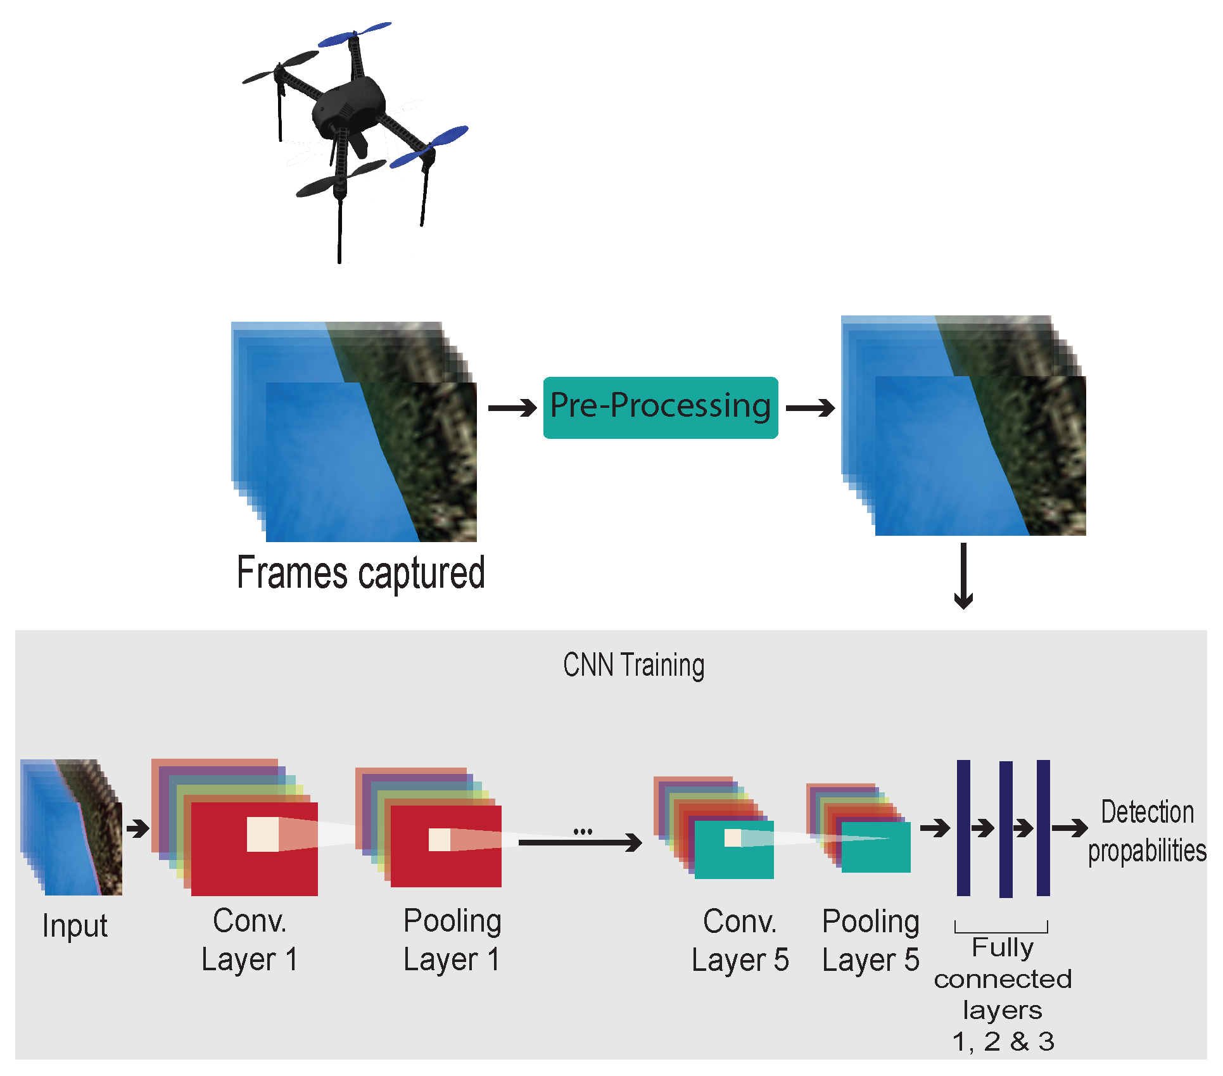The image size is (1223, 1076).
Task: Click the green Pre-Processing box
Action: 660,407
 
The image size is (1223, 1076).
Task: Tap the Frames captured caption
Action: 360,573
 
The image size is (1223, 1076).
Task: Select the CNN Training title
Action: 633,666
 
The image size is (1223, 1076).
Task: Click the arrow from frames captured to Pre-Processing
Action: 512,408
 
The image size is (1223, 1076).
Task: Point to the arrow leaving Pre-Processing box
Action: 809,408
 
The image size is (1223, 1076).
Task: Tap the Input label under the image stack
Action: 75,926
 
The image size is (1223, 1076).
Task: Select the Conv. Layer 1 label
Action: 250,940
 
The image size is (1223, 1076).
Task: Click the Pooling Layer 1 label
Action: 452,940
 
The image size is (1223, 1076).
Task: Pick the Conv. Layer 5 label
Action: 740,940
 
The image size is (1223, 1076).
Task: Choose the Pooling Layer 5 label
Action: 870,940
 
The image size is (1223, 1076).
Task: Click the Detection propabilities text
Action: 1147,831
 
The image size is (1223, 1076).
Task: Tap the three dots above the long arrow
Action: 583,831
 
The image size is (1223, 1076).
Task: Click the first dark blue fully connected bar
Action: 963,828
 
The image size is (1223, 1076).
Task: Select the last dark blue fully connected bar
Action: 1043,828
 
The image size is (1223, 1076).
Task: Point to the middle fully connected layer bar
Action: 1006,829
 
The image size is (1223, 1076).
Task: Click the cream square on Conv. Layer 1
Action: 263,834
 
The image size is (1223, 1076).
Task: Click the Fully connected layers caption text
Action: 1003,994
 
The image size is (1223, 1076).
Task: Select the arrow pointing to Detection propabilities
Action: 1069,828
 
